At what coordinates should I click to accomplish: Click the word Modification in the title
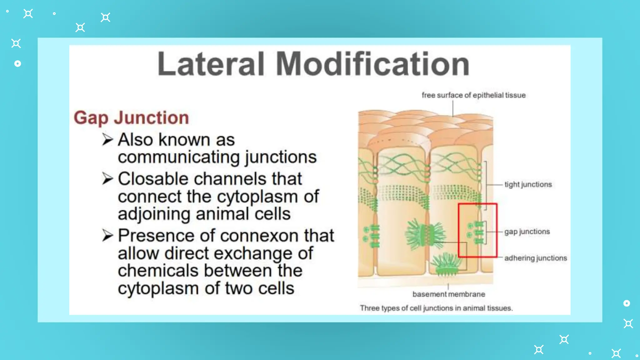pos(372,64)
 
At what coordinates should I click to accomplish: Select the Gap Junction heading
pos(131,118)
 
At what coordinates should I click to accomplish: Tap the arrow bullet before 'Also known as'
pos(107,139)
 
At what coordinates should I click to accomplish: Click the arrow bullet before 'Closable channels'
pos(107,179)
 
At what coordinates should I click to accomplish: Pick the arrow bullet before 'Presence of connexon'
pos(107,235)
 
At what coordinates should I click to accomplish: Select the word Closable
pos(153,179)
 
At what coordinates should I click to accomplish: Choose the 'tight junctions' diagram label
pos(528,184)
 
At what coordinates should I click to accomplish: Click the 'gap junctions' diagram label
pos(527,232)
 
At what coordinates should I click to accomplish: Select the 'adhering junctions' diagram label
pos(535,258)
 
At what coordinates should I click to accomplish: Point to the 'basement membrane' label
pos(449,294)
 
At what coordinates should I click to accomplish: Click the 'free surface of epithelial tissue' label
pos(473,95)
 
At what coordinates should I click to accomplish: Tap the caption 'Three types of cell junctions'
pos(436,308)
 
